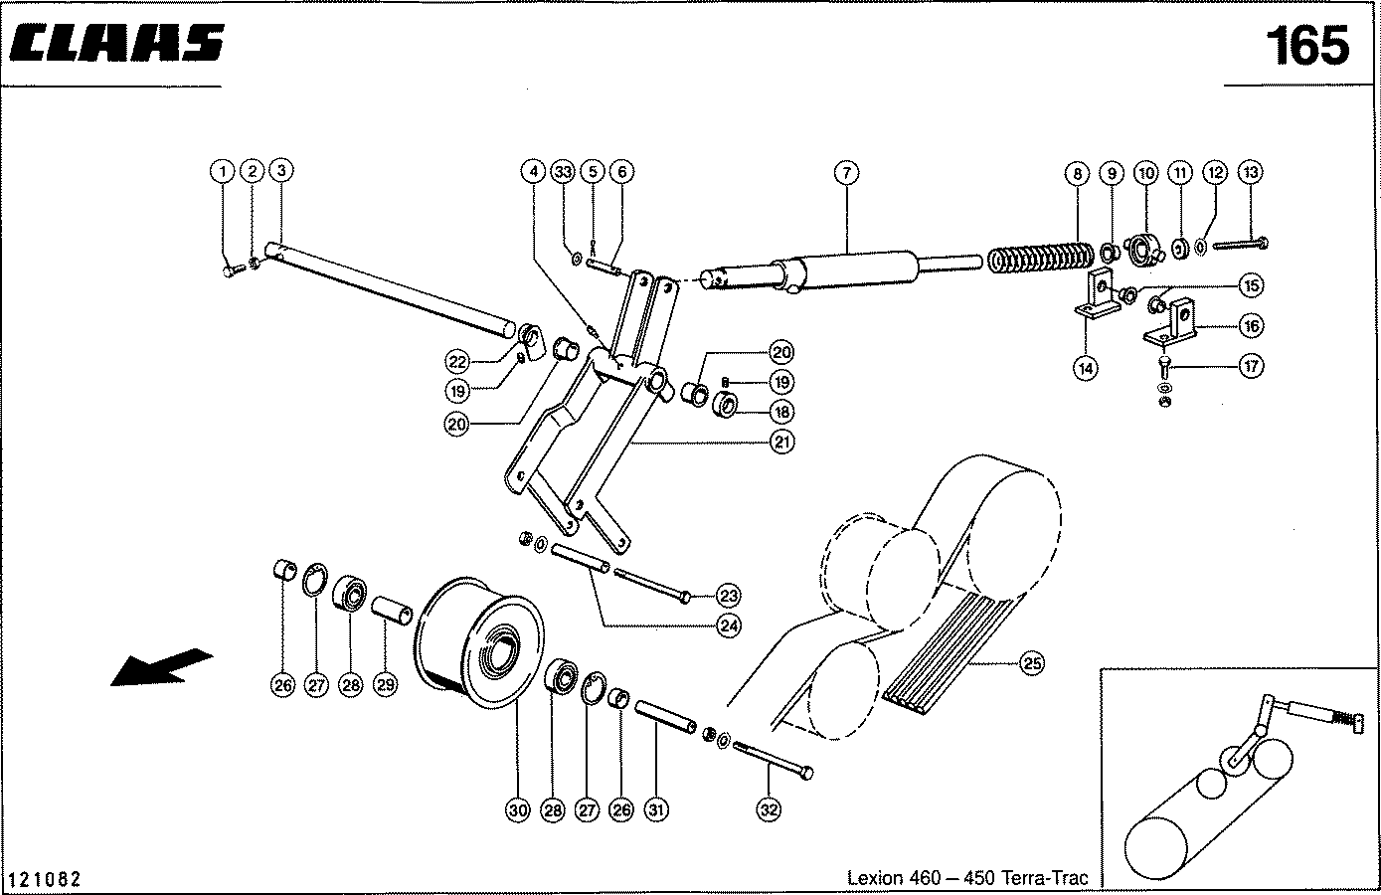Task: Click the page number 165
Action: (1306, 46)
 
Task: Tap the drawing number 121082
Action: (45, 879)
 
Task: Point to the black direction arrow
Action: (159, 667)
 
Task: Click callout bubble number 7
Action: (845, 172)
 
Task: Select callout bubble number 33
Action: (565, 172)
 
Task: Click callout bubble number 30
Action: (518, 810)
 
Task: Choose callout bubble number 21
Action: (782, 442)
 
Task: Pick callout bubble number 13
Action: (1251, 172)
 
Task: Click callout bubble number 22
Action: (456, 360)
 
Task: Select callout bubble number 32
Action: (769, 810)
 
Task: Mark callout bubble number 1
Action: (223, 172)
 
